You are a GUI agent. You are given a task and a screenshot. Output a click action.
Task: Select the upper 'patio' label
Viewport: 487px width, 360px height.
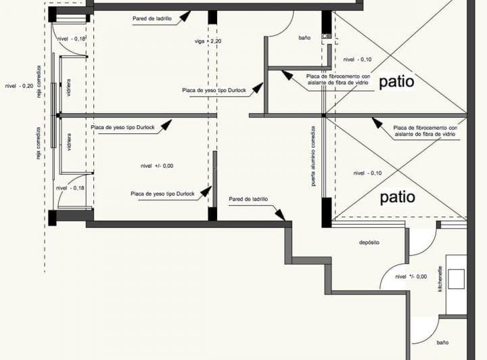tap(396, 82)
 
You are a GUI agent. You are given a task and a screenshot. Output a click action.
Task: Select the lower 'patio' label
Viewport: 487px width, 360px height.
tap(397, 197)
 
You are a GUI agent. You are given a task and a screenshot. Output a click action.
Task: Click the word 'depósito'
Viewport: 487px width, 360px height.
tap(369, 242)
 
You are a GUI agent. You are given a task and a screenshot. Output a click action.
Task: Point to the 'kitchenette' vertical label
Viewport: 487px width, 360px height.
tap(440, 278)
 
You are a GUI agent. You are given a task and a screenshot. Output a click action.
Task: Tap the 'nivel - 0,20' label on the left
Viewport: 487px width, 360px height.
tap(19, 86)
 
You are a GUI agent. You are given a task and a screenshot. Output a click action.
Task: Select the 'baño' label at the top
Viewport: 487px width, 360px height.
tap(304, 39)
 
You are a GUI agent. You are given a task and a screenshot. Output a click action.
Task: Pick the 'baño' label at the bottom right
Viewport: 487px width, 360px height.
tap(442, 342)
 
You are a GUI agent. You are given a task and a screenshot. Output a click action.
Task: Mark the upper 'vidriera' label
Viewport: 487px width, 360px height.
tap(69, 88)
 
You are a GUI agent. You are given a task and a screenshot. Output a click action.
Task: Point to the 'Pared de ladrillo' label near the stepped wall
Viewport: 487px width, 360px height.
tap(248, 200)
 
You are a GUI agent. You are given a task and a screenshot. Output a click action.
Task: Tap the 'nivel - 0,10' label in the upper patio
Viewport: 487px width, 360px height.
tap(357, 59)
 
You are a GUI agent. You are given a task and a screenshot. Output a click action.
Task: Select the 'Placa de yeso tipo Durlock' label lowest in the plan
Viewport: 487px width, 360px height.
tap(162, 194)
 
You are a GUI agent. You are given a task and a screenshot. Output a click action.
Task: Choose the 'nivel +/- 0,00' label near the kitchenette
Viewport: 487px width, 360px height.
tap(411, 276)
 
